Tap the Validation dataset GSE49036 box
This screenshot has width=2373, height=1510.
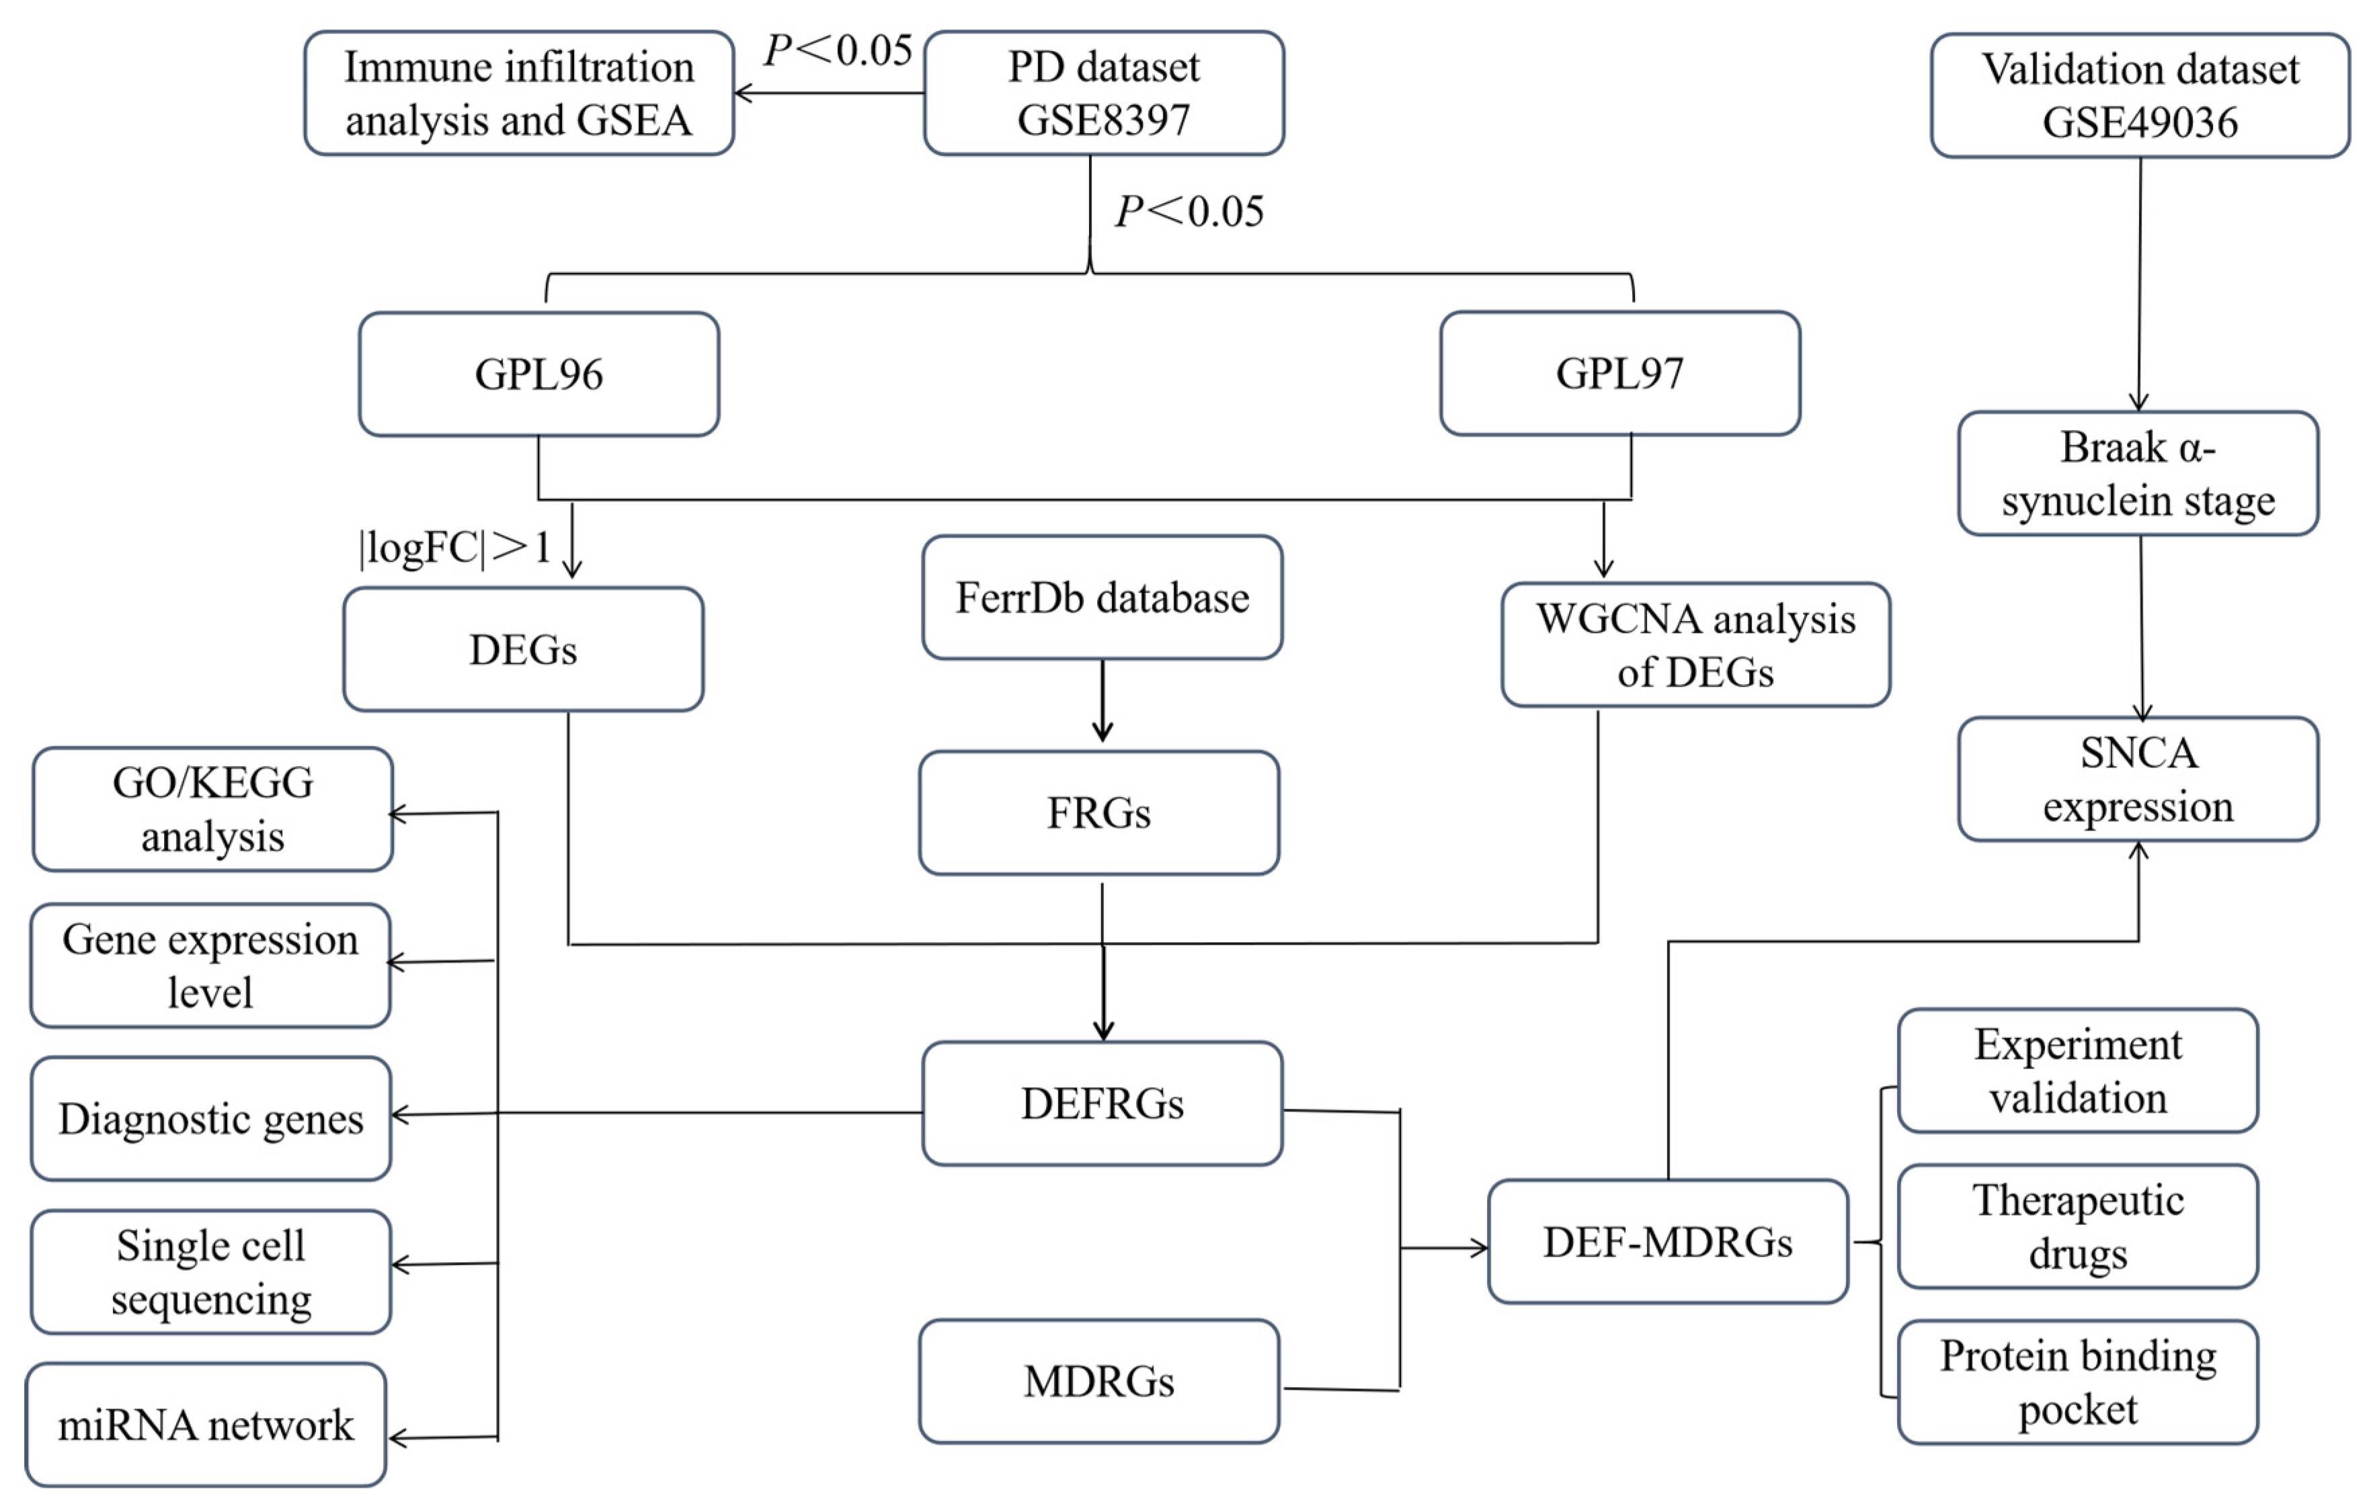pyautogui.click(x=2140, y=95)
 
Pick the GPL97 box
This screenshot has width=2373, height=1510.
pyautogui.click(x=1619, y=374)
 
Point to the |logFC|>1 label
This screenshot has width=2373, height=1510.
pyautogui.click(x=455, y=548)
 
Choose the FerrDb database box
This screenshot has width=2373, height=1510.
pyautogui.click(x=1102, y=598)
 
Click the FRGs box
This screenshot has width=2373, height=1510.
pyautogui.click(x=1099, y=812)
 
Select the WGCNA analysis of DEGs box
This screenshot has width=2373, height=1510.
pyautogui.click(x=1695, y=645)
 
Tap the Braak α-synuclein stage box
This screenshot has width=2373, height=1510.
pyautogui.click(x=2138, y=474)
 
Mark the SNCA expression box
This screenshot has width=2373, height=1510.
pyautogui.click(x=2138, y=779)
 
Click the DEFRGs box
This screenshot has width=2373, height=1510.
pyautogui.click(x=1102, y=1103)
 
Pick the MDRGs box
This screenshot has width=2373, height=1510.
pyautogui.click(x=1099, y=1381)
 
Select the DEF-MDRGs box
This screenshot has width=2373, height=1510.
pyautogui.click(x=1667, y=1242)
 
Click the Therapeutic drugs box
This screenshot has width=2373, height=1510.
pyautogui.click(x=2077, y=1226)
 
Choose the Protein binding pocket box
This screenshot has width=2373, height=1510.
pyautogui.click(x=2077, y=1382)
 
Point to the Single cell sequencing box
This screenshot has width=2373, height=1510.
pyautogui.click(x=211, y=1271)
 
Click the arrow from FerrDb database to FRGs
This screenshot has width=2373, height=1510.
pyautogui.click(x=1102, y=702)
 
